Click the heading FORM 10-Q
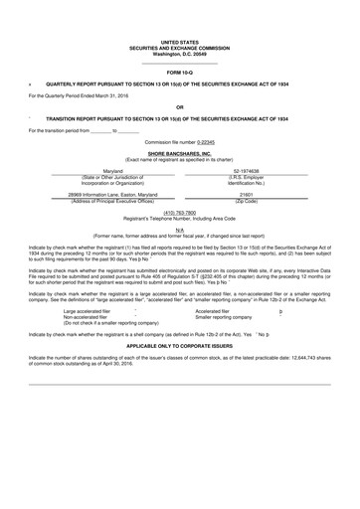(x=179, y=74)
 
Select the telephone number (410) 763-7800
(x=179, y=212)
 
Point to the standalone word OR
(x=179, y=105)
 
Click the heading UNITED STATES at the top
(x=179, y=41)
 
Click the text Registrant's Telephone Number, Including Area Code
(x=179, y=218)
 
